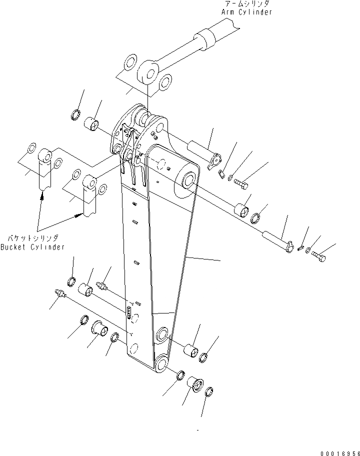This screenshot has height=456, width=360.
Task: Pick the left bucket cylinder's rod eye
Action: pos(45,156)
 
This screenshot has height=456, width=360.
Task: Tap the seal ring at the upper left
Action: pos(75,114)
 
